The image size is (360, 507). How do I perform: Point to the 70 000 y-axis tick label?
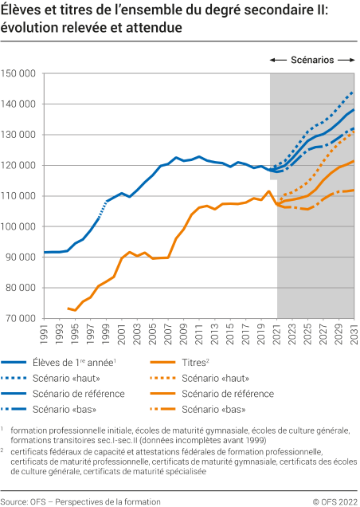pyautogui.click(x=23, y=318)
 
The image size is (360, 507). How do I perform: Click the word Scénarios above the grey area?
pyautogui.click(x=312, y=60)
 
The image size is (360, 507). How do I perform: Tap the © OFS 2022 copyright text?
pyautogui.click(x=335, y=501)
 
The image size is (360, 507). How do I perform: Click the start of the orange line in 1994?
pyautogui.click(x=69, y=309)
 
